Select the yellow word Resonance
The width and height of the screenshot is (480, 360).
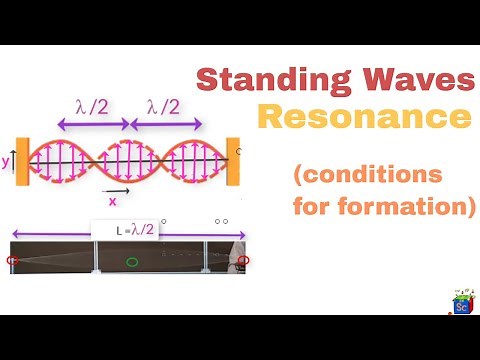(x=364, y=118)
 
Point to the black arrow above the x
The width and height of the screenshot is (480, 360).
(x=116, y=188)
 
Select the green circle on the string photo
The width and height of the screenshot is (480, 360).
(x=132, y=262)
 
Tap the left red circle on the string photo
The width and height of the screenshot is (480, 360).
(x=13, y=262)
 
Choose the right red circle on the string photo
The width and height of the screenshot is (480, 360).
(x=242, y=261)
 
